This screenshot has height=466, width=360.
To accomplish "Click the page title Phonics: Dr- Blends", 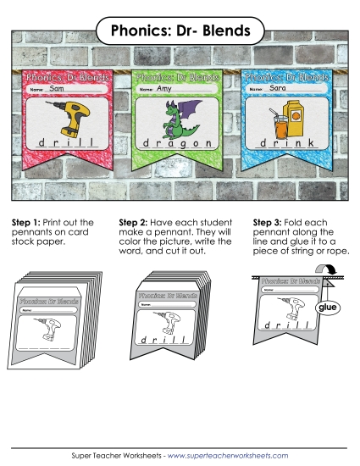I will pos(180,32).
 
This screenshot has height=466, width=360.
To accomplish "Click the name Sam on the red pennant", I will pos(58,88).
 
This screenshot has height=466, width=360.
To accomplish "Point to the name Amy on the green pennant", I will pos(164,88).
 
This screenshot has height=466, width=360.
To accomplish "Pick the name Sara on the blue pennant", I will pos(277,88).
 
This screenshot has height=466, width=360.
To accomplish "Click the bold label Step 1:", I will pos(27,223).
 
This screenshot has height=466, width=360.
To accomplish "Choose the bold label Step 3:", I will pos(269,223).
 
